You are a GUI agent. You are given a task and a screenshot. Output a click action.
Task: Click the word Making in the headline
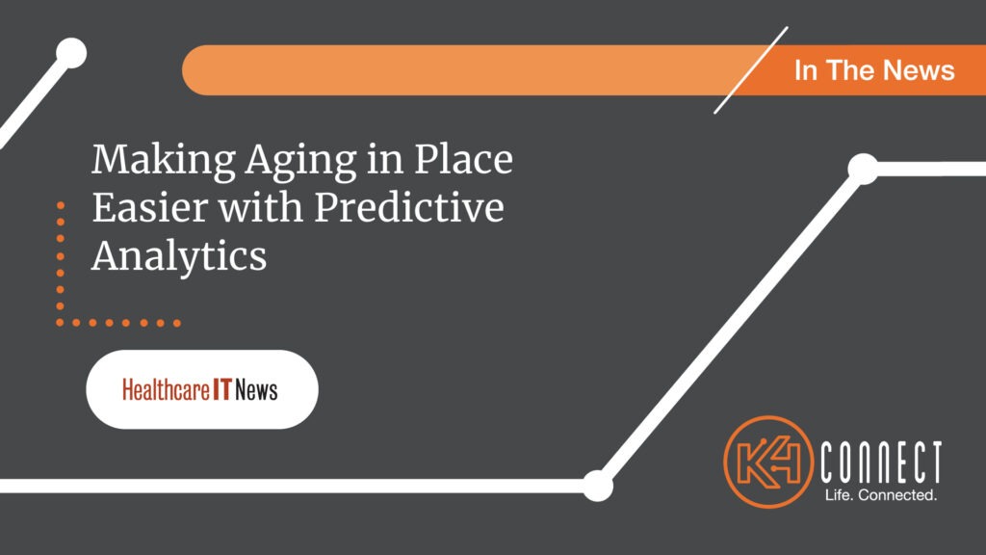(150, 160)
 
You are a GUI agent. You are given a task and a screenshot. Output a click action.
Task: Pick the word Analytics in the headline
(178, 257)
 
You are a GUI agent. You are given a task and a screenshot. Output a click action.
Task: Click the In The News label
(874, 69)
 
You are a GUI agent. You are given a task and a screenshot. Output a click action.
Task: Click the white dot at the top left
(70, 53)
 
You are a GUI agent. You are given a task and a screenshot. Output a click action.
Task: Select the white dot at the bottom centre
(597, 485)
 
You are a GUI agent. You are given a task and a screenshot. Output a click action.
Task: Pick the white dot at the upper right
(863, 169)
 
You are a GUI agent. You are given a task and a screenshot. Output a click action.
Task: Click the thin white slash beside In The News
(751, 69)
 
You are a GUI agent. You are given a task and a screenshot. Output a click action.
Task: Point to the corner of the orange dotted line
(61, 322)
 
